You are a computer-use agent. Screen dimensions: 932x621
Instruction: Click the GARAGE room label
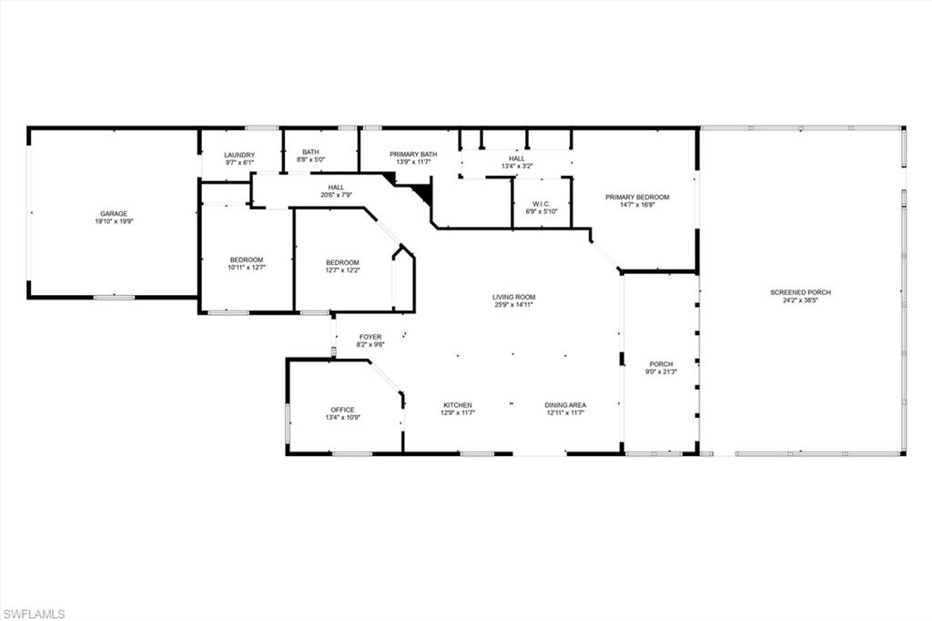point(114,214)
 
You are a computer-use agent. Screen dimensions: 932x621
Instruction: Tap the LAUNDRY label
point(239,155)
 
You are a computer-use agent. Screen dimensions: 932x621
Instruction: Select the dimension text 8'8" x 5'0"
point(311,159)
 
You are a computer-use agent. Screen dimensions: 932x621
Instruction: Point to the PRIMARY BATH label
point(413,154)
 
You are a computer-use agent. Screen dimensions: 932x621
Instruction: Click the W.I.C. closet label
point(542,204)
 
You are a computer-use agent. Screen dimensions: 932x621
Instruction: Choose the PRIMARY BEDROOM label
point(637,198)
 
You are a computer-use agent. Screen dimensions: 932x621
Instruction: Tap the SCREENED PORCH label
point(801,292)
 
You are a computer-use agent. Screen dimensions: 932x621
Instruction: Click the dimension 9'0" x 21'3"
point(661,372)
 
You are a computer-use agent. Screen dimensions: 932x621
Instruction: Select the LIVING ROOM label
point(513,298)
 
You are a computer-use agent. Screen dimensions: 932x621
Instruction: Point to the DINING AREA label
point(565,405)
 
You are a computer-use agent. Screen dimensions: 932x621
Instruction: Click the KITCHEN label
point(458,405)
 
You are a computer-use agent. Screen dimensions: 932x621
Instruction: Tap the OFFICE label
point(343,410)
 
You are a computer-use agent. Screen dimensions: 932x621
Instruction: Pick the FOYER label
point(370,337)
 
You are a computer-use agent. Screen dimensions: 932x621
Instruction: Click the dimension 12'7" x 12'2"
point(343,270)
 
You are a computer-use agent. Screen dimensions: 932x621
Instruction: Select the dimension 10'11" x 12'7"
point(247,268)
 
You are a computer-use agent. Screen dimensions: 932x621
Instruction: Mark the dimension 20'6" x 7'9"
point(337,195)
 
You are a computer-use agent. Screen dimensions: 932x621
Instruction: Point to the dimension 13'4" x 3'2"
point(517,166)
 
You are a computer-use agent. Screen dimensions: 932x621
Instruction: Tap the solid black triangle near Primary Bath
point(422,192)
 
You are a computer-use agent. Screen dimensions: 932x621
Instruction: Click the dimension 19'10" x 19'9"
point(114,221)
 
